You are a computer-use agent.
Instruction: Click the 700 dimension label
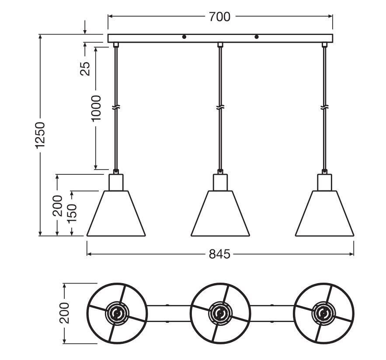click(219, 17)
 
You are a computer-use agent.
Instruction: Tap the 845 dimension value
click(219, 254)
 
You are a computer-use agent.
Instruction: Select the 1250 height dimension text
click(40, 135)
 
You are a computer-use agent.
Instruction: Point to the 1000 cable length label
click(96, 108)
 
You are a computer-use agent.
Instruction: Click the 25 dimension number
click(85, 69)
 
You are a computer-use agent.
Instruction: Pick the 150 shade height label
click(72, 213)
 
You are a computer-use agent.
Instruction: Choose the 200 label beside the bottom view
click(65, 313)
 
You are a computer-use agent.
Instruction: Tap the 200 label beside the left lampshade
click(58, 206)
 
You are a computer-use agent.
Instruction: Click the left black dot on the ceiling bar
click(184, 37)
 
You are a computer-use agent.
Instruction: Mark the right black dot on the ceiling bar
click(257, 37)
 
